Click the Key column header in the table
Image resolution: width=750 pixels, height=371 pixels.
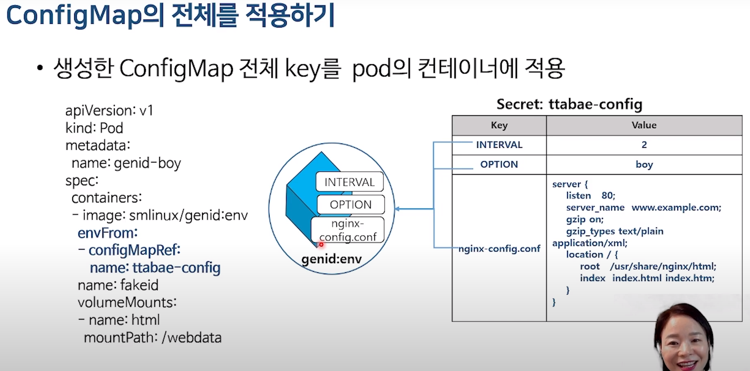(499, 125)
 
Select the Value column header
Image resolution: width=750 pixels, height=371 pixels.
(644, 125)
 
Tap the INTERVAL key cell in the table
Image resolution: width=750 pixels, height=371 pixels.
(499, 145)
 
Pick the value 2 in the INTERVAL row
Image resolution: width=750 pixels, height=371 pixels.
(644, 145)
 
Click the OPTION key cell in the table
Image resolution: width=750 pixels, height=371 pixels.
(499, 164)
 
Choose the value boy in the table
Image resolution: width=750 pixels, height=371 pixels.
(644, 164)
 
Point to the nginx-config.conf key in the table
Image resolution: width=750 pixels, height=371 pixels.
(499, 249)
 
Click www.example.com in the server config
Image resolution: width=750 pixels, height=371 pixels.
(676, 207)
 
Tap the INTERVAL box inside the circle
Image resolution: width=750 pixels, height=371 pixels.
(349, 182)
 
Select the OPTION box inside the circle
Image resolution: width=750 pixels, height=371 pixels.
(351, 205)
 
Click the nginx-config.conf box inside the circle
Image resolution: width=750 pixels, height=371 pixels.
(348, 230)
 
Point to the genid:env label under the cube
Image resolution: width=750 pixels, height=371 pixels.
(332, 259)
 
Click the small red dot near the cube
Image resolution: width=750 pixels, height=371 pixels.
(321, 245)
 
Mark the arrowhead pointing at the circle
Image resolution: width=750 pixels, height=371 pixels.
(397, 209)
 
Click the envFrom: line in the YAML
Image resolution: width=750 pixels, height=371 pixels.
(108, 233)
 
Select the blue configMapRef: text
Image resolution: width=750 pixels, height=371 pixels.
(134, 250)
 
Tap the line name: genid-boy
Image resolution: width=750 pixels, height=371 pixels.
(126, 163)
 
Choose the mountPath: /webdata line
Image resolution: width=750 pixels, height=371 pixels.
(153, 338)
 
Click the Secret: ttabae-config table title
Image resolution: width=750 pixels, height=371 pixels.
(569, 104)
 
